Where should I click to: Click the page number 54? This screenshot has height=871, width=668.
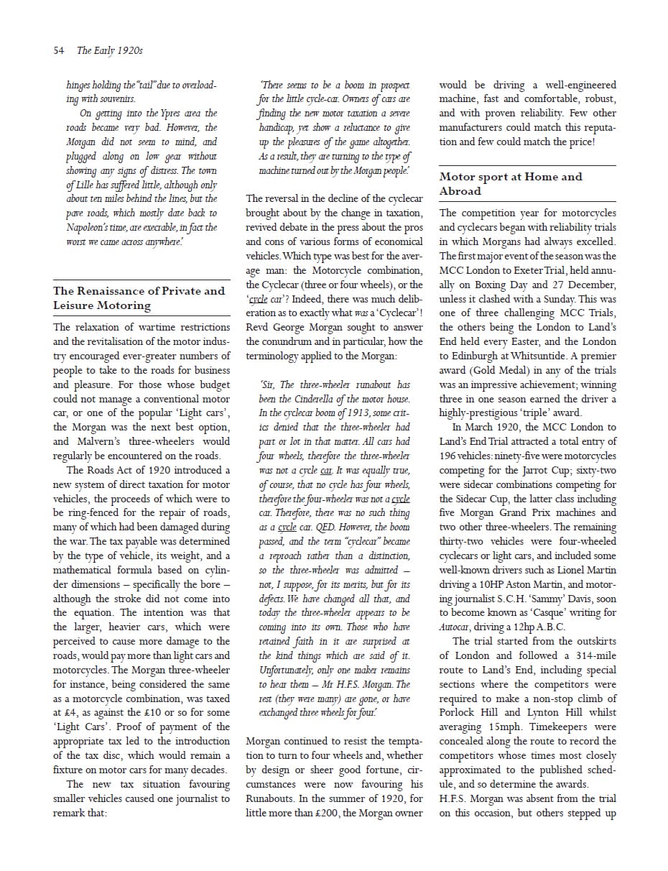coord(59,50)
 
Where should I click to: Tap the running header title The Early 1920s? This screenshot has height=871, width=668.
coord(109,50)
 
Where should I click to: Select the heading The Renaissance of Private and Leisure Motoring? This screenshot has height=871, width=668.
coord(139,298)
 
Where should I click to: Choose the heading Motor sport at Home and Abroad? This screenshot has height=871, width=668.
coord(511,183)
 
